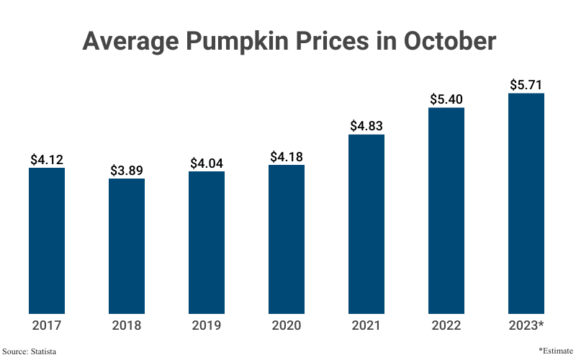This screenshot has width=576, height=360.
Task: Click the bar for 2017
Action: point(47,240)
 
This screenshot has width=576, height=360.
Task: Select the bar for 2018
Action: point(127,246)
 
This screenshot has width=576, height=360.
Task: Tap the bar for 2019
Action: point(207,242)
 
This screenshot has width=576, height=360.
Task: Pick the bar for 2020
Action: point(287,239)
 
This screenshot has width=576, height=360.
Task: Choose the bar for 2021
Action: point(366,224)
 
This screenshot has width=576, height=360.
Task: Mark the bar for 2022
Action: point(446,210)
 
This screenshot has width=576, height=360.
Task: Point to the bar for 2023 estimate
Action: point(526,203)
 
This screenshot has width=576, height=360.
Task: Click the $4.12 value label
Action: point(47,158)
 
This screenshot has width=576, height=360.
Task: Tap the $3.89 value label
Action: point(127,170)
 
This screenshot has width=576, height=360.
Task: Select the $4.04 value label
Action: point(207,163)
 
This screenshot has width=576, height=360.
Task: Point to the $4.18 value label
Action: point(287,156)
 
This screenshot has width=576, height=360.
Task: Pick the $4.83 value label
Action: point(366,125)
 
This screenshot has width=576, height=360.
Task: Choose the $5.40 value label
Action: point(446,99)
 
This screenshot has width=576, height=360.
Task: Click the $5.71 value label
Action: point(526,84)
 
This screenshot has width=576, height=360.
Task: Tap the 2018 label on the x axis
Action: point(127,325)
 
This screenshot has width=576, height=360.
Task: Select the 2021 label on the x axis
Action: point(366,325)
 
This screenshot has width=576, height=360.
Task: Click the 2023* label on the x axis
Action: point(526,325)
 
